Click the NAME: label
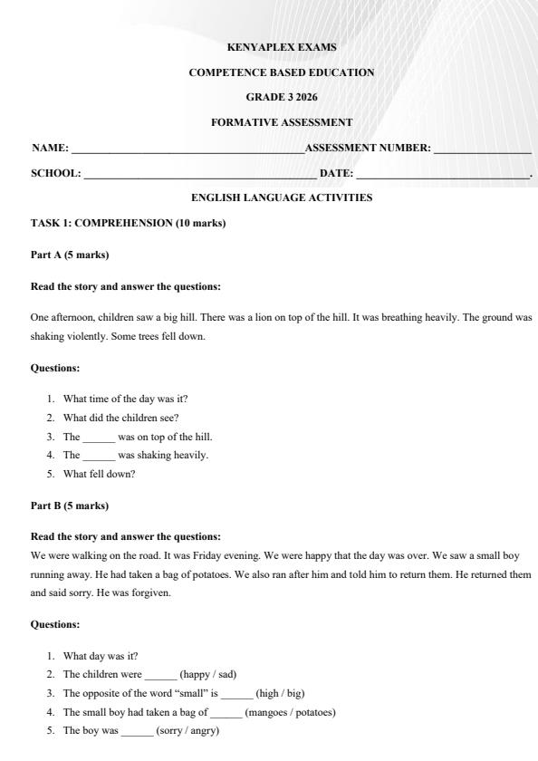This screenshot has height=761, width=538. [x=50, y=148]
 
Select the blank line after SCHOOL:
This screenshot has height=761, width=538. [x=199, y=175]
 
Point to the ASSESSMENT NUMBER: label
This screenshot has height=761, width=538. [x=368, y=148]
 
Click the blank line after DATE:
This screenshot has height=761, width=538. [x=442, y=175]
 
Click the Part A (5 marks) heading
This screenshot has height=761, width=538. [x=70, y=255]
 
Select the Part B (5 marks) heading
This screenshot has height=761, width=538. [x=70, y=506]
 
